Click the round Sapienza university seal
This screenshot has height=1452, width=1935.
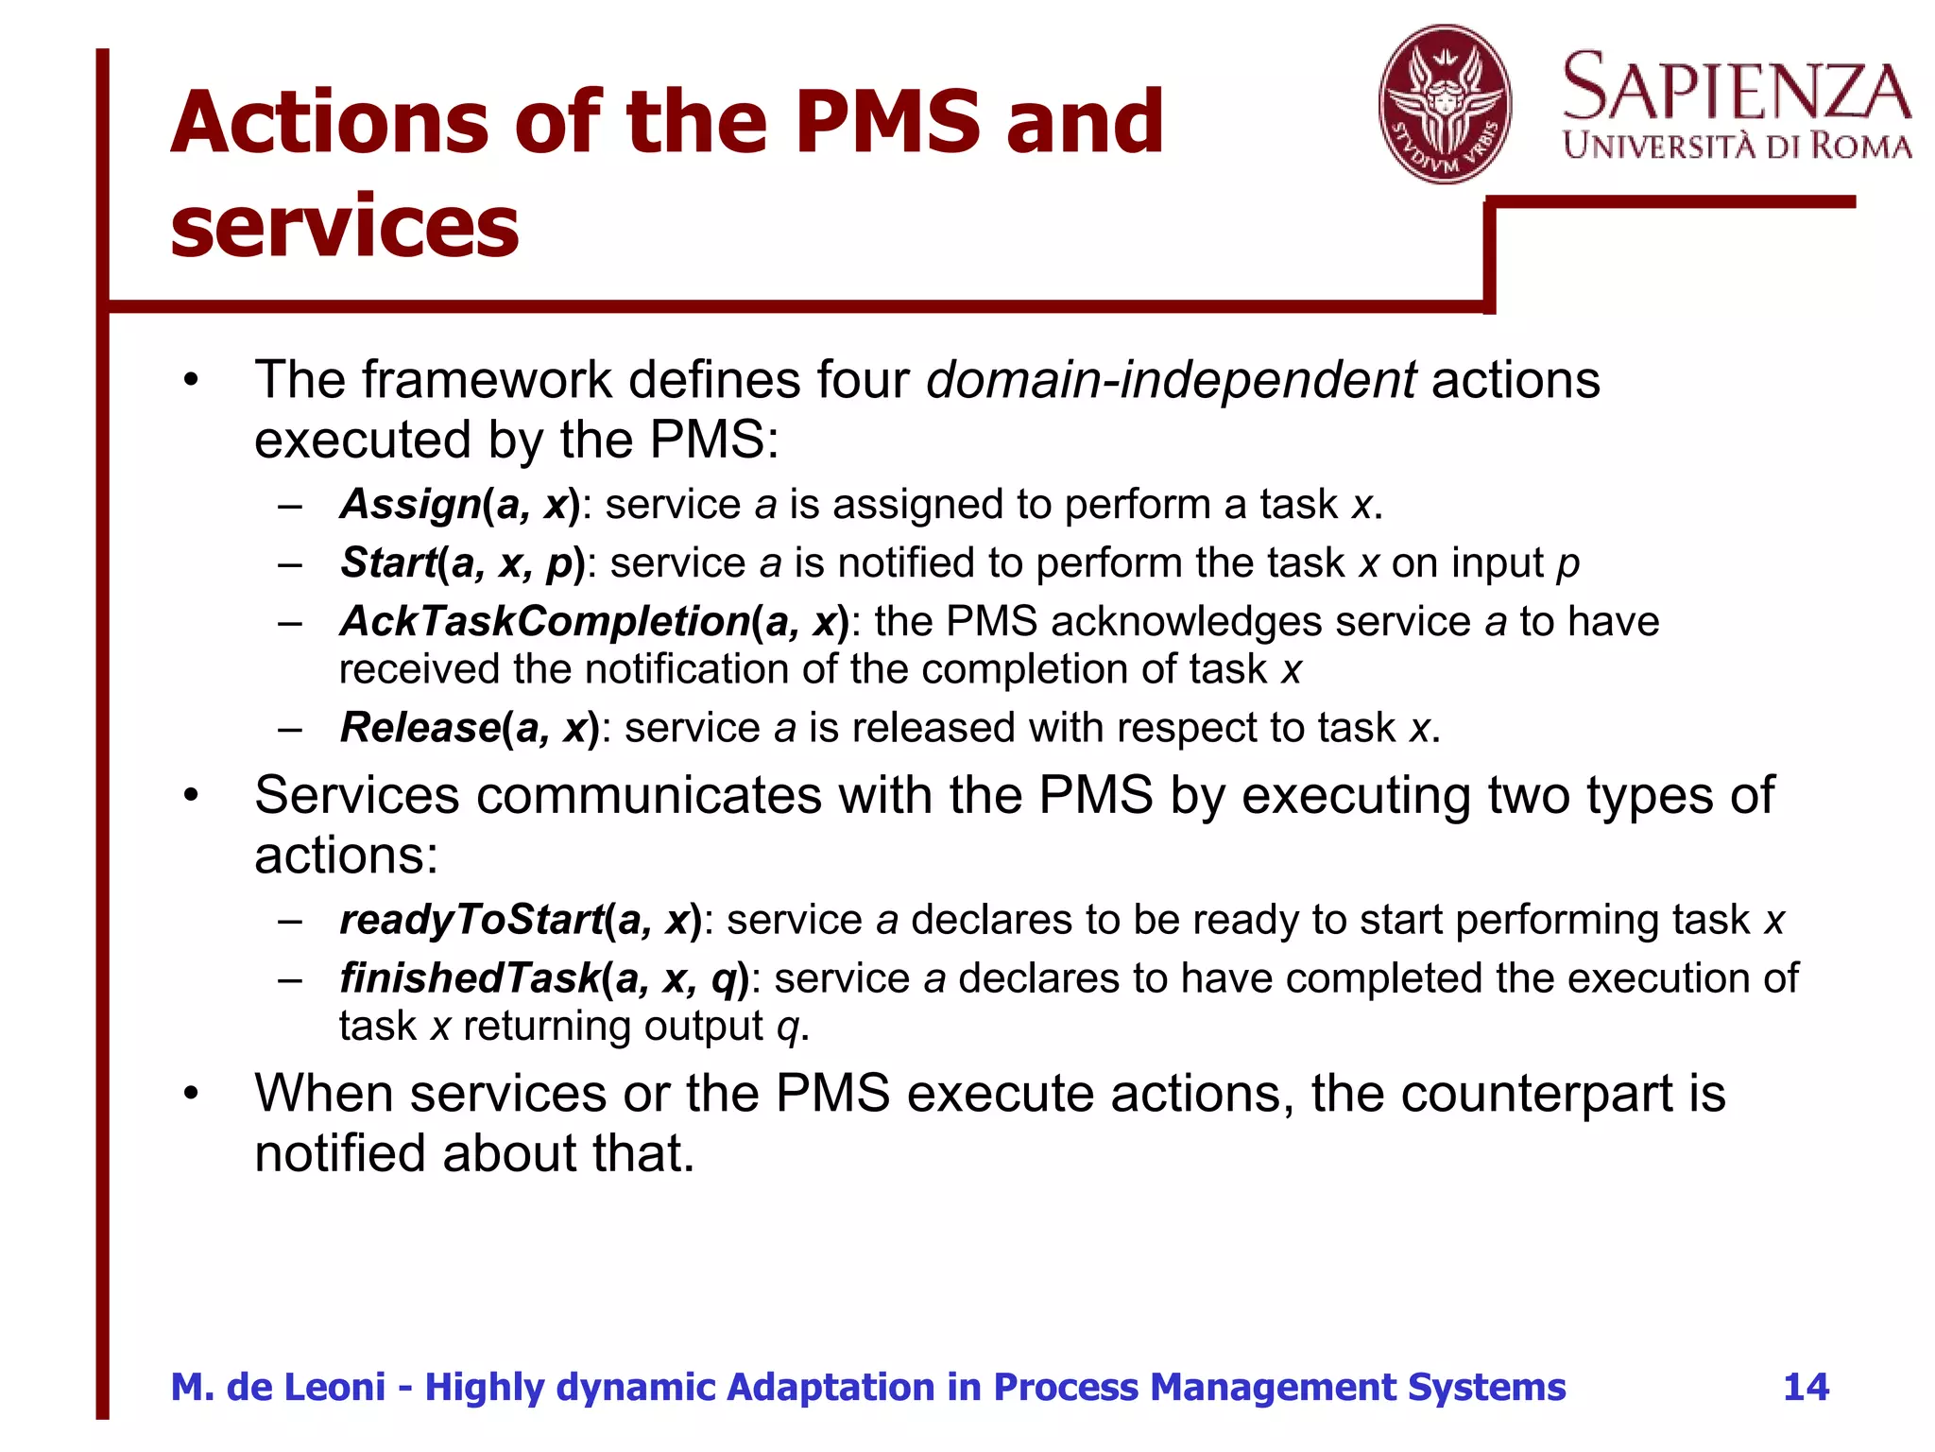point(1444,104)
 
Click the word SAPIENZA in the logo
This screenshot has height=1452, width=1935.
point(1737,88)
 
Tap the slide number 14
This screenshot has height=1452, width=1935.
point(1806,1387)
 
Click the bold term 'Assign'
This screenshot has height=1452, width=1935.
point(410,504)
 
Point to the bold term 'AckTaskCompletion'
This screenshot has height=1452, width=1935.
point(545,622)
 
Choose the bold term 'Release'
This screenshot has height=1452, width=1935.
point(420,728)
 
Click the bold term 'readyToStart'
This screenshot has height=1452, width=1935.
point(471,920)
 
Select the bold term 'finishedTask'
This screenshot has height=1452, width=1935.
point(470,978)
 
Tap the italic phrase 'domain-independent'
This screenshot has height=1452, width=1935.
point(1171,380)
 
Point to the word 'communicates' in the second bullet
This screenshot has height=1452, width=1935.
point(649,795)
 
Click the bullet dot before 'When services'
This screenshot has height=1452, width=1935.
point(192,1094)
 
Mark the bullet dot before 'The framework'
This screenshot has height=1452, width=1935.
point(192,381)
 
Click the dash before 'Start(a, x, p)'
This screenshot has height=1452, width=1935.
point(290,563)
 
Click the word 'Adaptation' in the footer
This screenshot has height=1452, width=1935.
point(831,1387)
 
